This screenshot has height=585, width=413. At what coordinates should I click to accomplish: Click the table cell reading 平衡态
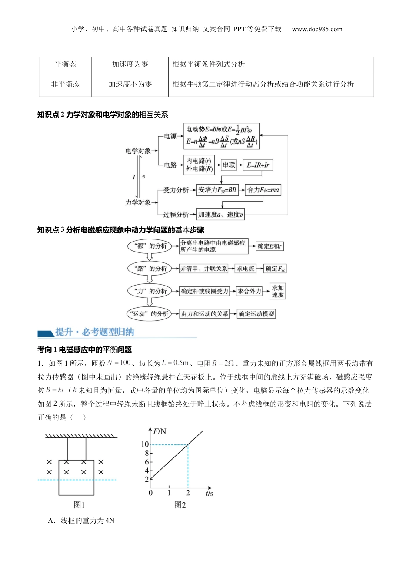click(65, 64)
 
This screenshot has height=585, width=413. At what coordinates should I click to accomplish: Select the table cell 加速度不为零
click(130, 84)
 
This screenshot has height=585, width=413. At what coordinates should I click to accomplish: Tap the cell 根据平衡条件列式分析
click(209, 64)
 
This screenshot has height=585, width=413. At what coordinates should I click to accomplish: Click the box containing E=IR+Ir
click(258, 165)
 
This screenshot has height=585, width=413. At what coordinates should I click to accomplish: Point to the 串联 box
click(229, 165)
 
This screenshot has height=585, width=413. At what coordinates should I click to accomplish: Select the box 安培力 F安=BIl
click(217, 190)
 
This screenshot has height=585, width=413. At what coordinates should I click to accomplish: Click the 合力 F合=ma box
click(263, 190)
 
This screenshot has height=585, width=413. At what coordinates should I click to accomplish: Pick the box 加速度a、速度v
click(220, 214)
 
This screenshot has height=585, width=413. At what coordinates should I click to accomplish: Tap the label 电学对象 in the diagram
click(138, 151)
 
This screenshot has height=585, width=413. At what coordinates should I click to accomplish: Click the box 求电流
click(246, 269)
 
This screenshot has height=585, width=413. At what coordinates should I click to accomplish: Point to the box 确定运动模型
click(256, 314)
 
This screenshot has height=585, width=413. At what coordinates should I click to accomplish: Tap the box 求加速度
click(278, 291)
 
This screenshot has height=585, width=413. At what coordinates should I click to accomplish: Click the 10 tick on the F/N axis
click(145, 444)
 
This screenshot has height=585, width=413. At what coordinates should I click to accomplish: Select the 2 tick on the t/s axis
click(188, 493)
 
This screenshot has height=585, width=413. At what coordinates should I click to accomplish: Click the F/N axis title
click(160, 431)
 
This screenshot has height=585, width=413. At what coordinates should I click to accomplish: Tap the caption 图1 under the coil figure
click(79, 505)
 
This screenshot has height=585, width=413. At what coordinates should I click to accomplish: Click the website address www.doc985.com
click(317, 29)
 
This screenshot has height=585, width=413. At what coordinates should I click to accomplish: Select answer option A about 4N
click(81, 521)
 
